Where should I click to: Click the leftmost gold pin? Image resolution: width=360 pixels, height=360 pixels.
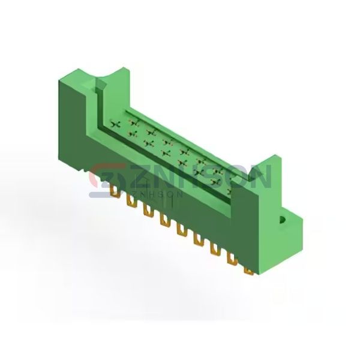pos(115,191)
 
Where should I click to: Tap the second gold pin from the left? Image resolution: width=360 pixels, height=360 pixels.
pos(131,200)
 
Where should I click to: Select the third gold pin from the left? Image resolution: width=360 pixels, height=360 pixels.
pos(148,210)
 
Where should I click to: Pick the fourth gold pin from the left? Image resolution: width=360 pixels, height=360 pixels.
pos(165,220)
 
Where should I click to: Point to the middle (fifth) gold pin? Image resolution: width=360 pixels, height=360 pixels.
pos(182,230)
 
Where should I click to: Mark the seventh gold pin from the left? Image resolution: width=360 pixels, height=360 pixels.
pos(216,250)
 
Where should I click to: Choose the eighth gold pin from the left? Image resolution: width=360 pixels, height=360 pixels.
pos(232,259)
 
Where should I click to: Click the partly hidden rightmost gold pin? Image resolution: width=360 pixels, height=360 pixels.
pos(249,272)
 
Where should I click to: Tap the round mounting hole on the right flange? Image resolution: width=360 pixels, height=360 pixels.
pos(282,220)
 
